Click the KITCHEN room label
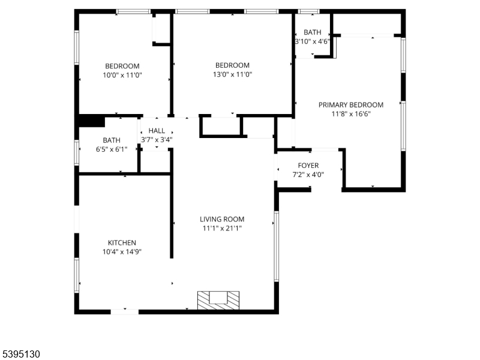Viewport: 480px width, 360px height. (x=122, y=242)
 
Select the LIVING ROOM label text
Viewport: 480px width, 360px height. (x=223, y=219)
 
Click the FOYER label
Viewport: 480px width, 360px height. (x=308, y=166)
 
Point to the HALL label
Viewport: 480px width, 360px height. (x=157, y=131)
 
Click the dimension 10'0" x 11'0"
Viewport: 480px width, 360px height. (x=122, y=75)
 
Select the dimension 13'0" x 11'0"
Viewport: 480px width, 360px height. (x=232, y=74)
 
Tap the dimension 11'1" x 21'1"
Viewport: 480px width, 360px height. (x=223, y=228)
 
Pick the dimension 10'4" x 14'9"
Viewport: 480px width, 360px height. (x=122, y=252)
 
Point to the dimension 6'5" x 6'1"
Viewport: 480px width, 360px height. (x=111, y=149)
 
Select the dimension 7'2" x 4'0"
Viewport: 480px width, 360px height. (x=308, y=175)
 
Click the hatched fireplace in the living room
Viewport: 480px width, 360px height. (x=218, y=299)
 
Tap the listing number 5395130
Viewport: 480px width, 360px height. (x=20, y=354)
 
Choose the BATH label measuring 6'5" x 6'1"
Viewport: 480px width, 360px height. (x=111, y=140)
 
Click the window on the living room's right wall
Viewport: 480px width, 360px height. (x=277, y=246)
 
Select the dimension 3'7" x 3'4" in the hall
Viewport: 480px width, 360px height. (x=157, y=140)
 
